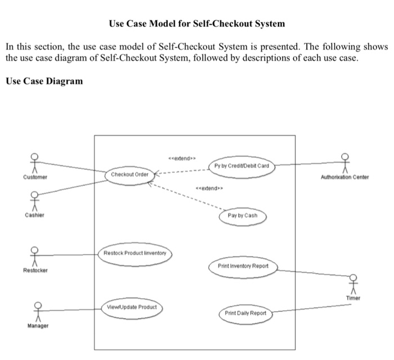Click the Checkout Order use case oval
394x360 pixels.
129,174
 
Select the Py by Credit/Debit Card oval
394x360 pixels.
242,166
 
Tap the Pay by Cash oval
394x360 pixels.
243,216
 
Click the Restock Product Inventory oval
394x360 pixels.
135,254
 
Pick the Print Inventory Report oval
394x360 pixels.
243,265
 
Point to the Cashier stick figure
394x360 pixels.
35,200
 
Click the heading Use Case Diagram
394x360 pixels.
44,81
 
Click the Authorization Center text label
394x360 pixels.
344,177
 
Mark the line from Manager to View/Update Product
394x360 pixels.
73,309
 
